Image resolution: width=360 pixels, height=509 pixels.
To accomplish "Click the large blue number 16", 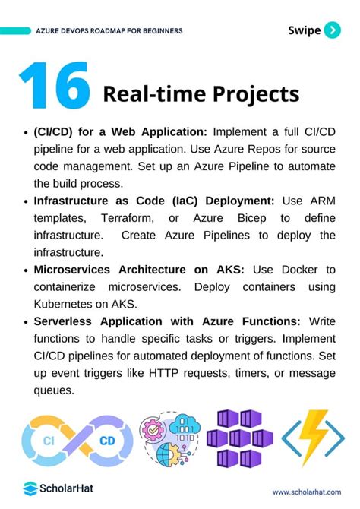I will click(55, 87).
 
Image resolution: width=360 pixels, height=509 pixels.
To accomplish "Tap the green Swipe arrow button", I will click(332, 30).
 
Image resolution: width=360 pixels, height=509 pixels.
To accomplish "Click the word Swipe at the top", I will click(305, 30).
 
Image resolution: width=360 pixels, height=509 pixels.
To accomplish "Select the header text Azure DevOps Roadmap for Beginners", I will click(109, 31).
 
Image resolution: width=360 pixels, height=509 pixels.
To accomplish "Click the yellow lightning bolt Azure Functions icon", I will click(312, 439).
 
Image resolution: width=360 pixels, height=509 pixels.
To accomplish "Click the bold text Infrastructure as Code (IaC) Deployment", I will click(152, 201).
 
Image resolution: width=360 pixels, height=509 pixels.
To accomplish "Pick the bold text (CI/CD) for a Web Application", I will click(122, 131).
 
